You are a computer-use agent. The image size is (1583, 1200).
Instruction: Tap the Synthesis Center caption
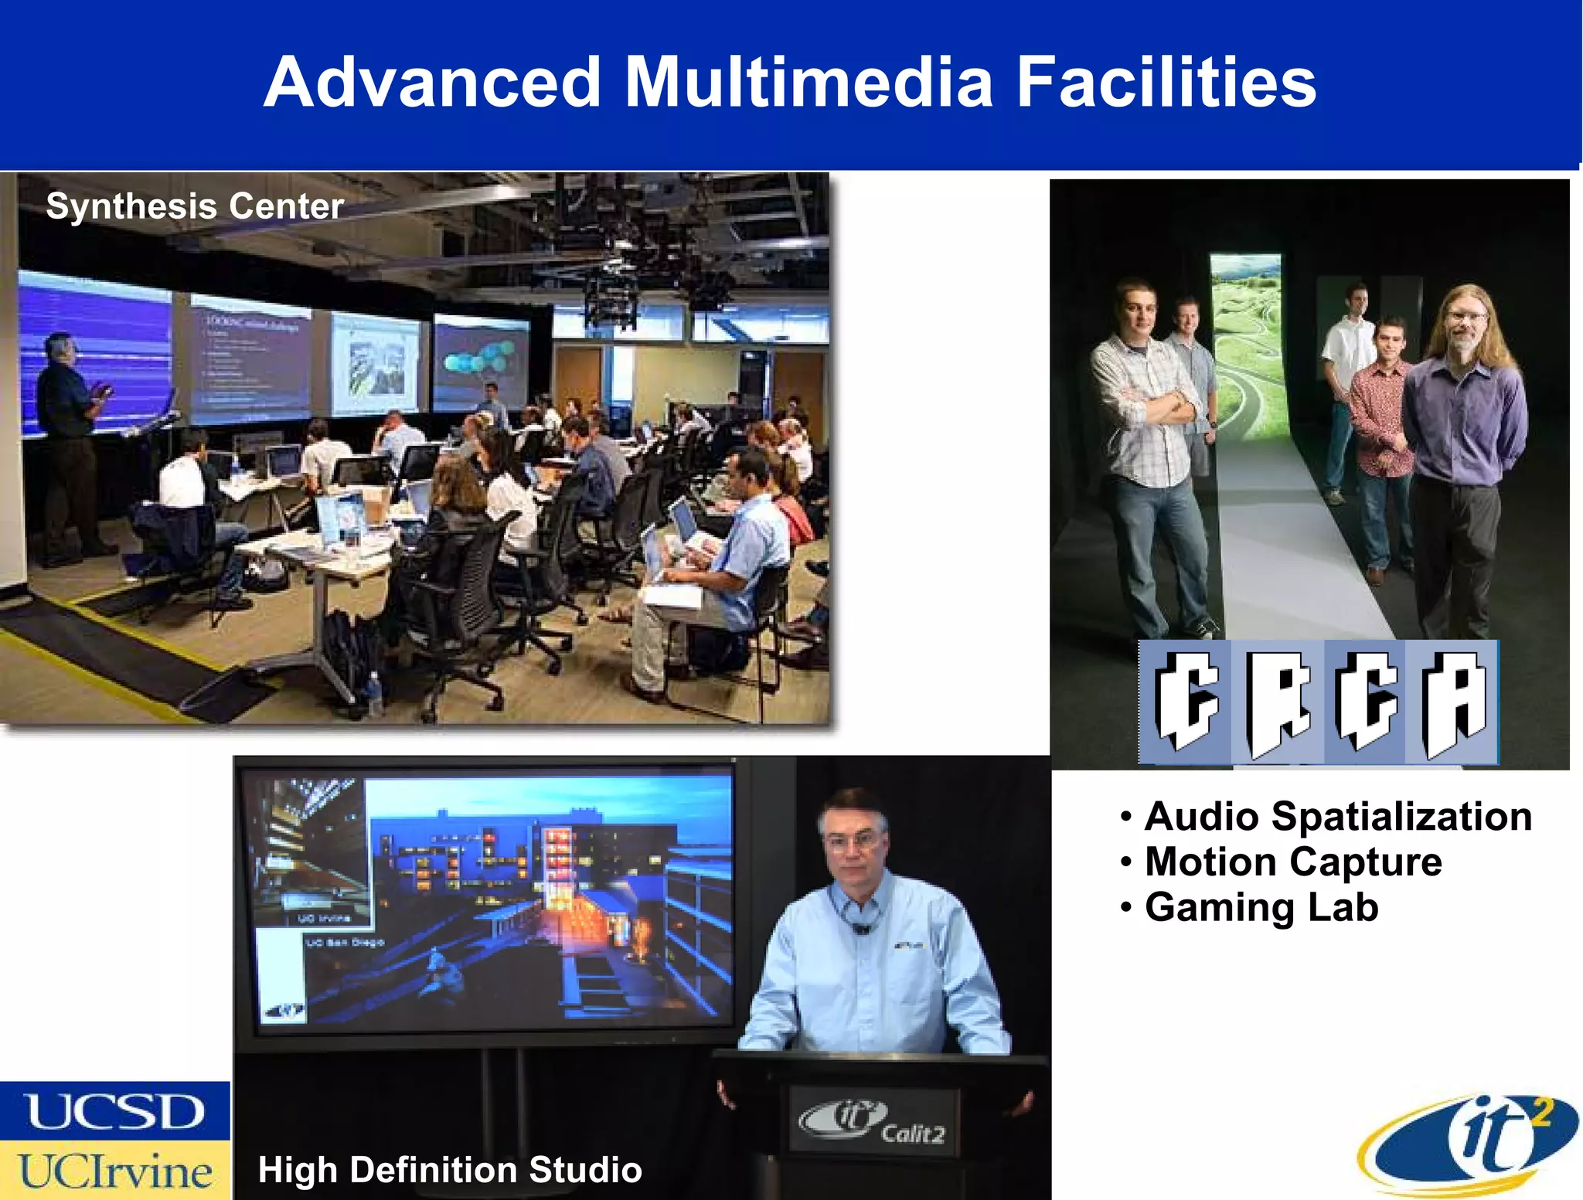195,206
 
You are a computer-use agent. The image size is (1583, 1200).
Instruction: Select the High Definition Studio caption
450,1170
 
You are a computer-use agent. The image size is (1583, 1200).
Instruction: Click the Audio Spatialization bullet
1338,817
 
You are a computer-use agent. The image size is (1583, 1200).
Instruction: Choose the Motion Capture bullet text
1293,862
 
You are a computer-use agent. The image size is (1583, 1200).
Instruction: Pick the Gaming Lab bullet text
1261,907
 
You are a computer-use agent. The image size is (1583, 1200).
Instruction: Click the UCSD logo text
115,1113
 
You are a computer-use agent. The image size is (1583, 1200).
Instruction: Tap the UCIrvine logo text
115,1171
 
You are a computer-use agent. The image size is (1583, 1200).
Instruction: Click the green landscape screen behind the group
1245,348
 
